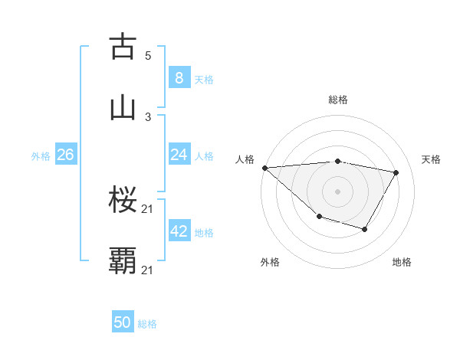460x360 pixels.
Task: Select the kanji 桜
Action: [x=123, y=200]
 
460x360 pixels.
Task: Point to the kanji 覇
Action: [x=123, y=260]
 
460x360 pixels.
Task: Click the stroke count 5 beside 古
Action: [x=148, y=56]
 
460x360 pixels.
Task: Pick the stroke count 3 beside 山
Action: [x=148, y=116]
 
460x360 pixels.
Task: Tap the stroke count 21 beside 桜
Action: [x=148, y=209]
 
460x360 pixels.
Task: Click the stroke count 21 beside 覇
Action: [x=148, y=270]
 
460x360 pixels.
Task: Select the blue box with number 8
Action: [x=179, y=78]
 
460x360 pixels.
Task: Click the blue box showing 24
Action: [x=179, y=155]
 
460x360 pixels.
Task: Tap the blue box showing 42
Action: [x=179, y=231]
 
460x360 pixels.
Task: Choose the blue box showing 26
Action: [x=65, y=155]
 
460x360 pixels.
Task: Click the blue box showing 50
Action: [x=123, y=322]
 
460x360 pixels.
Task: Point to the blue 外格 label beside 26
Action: [x=41, y=155]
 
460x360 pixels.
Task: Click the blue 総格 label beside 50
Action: [x=147, y=324]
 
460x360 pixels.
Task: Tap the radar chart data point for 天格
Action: [x=396, y=173]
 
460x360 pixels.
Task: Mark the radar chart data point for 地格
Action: [x=365, y=229]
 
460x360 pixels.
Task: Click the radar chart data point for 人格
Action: [x=264, y=168]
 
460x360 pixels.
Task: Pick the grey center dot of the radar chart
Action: [x=337, y=191]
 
